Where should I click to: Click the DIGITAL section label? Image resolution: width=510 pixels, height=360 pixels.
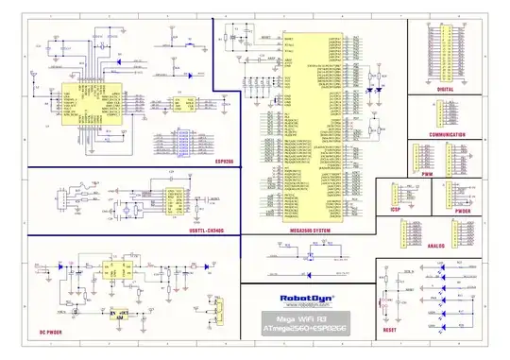pos(446,89)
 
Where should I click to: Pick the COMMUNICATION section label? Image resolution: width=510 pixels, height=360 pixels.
pos(446,135)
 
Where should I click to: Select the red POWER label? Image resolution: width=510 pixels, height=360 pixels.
pos(462,211)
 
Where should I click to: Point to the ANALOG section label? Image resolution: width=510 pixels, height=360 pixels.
pos(436,246)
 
